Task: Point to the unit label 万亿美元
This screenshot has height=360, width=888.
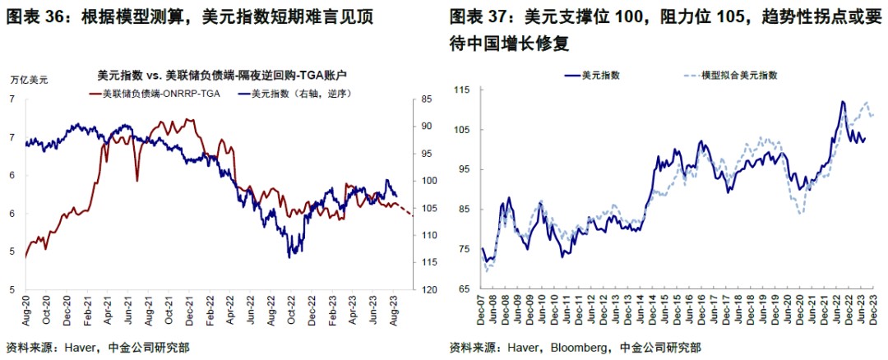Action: coord(30,80)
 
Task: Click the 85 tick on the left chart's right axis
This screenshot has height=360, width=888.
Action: coord(425,99)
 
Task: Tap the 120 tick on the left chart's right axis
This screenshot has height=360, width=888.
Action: coord(428,290)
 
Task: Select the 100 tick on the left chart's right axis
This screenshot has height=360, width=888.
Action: coord(428,181)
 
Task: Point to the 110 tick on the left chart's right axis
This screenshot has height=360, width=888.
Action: coord(428,235)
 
